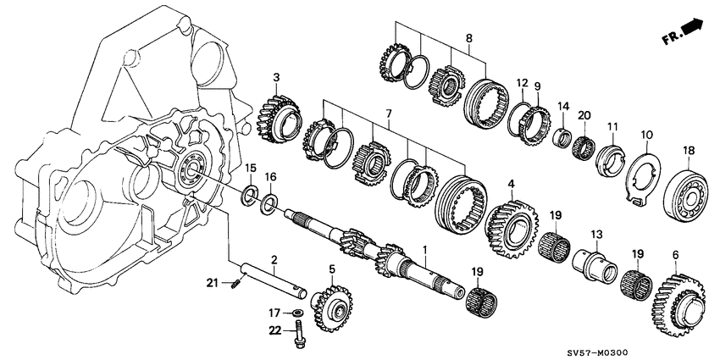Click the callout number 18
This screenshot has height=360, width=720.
point(689,150)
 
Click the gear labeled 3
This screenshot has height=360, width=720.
point(276,115)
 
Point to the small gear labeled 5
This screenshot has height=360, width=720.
point(331,304)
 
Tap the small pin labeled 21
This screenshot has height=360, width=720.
point(236,293)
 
